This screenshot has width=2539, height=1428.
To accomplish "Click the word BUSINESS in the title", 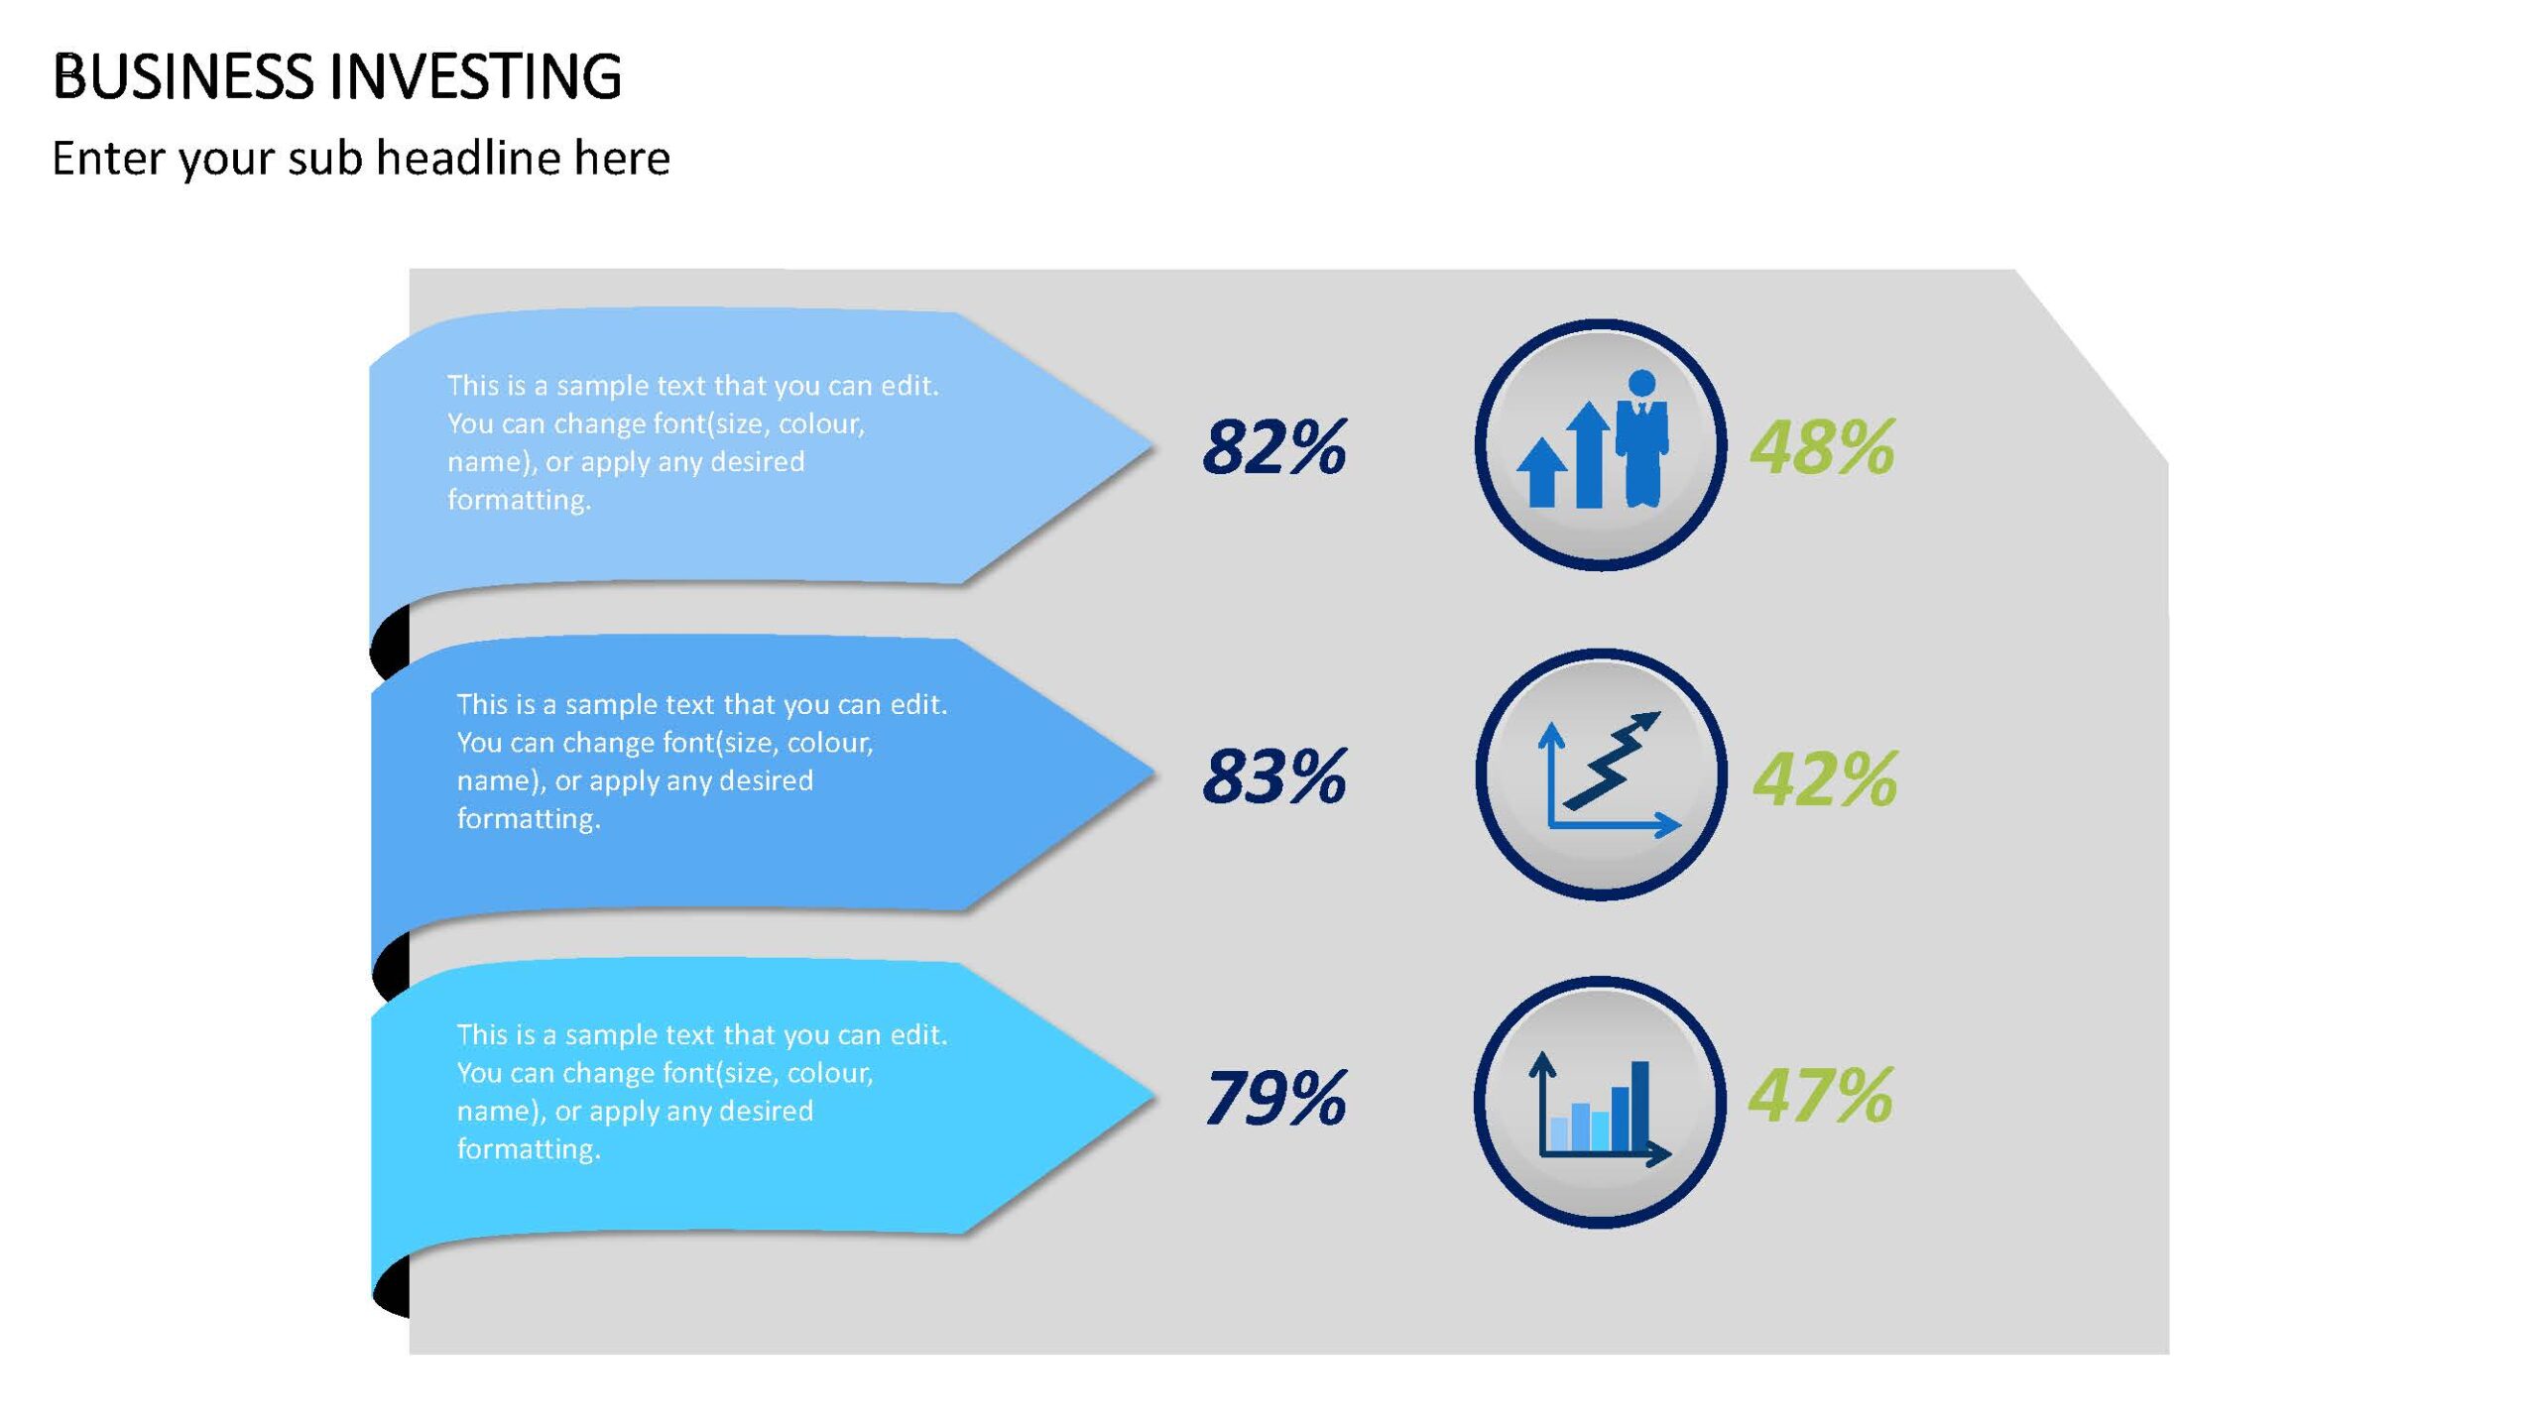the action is (183, 76).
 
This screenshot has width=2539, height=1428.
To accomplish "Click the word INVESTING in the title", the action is (475, 76).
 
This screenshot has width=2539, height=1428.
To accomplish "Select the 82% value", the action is (1274, 447).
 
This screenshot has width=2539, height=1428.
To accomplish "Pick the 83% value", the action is (1274, 776).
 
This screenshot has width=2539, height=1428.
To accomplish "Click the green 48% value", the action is (1822, 447).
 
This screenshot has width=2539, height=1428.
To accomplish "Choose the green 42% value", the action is (1825, 779).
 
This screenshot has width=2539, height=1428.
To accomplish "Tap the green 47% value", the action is (1821, 1096).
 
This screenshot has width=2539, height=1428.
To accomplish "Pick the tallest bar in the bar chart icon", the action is (1640, 1106).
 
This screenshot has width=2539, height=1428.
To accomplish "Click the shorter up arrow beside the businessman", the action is (1542, 473).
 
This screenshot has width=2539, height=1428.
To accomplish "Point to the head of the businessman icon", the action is (1642, 383).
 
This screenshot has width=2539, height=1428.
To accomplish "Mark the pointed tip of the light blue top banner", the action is (1153, 447).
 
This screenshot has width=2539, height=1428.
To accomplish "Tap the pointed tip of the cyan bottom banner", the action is (1155, 1098).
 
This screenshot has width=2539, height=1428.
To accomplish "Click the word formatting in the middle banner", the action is (529, 819).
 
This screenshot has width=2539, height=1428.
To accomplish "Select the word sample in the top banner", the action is (603, 386).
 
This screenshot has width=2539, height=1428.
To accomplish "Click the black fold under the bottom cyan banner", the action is (392, 1286).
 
